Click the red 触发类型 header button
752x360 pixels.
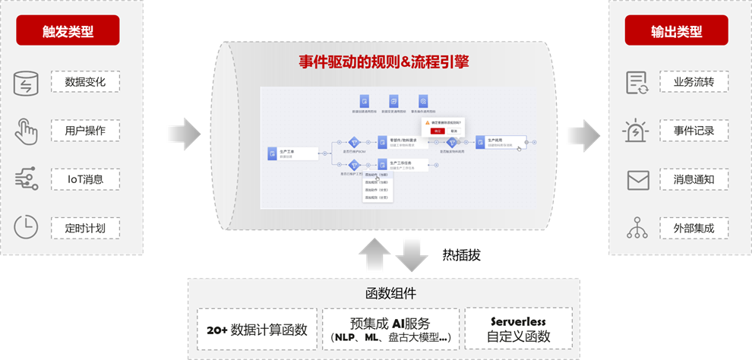click(x=68, y=32)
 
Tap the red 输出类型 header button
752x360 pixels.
click(x=676, y=32)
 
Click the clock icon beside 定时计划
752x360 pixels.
click(x=26, y=227)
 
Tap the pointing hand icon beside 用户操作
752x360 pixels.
click(x=26, y=131)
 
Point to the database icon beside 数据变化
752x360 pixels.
click(x=26, y=83)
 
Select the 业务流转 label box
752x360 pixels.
click(x=694, y=82)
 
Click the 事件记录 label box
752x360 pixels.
click(x=694, y=131)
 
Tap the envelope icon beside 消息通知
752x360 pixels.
click(x=637, y=180)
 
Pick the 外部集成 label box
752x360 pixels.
click(x=694, y=228)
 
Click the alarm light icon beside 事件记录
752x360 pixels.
click(x=637, y=131)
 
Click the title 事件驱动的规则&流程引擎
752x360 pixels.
click(x=382, y=62)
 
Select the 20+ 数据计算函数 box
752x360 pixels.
click(x=257, y=330)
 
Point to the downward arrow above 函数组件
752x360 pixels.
click(x=412, y=254)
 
